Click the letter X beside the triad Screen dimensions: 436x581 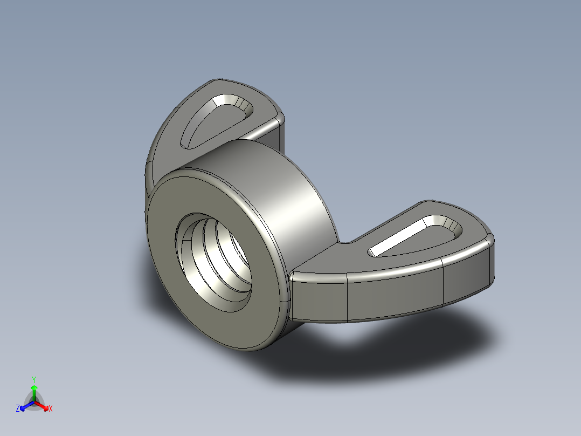51,409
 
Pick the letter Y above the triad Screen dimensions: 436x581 33,379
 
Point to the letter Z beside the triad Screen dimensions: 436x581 18,409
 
